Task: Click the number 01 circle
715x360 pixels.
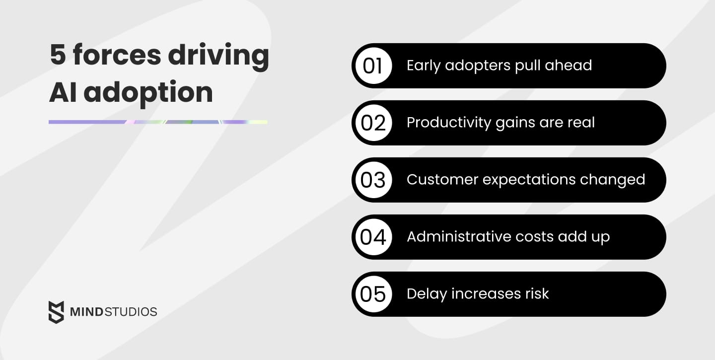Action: coord(372,66)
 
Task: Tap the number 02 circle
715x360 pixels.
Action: coord(372,123)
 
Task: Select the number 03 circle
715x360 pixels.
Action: coord(372,180)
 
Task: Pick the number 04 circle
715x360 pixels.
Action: coord(372,237)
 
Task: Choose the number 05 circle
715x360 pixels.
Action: coord(372,294)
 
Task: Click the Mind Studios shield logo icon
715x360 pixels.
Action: coord(56,312)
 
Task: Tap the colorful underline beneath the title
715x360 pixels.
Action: coord(158,122)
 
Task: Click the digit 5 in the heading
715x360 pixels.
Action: coord(58,55)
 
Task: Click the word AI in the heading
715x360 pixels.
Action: coord(63,92)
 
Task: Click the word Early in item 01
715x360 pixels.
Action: coord(424,66)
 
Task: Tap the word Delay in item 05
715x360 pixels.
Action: coord(425,294)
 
